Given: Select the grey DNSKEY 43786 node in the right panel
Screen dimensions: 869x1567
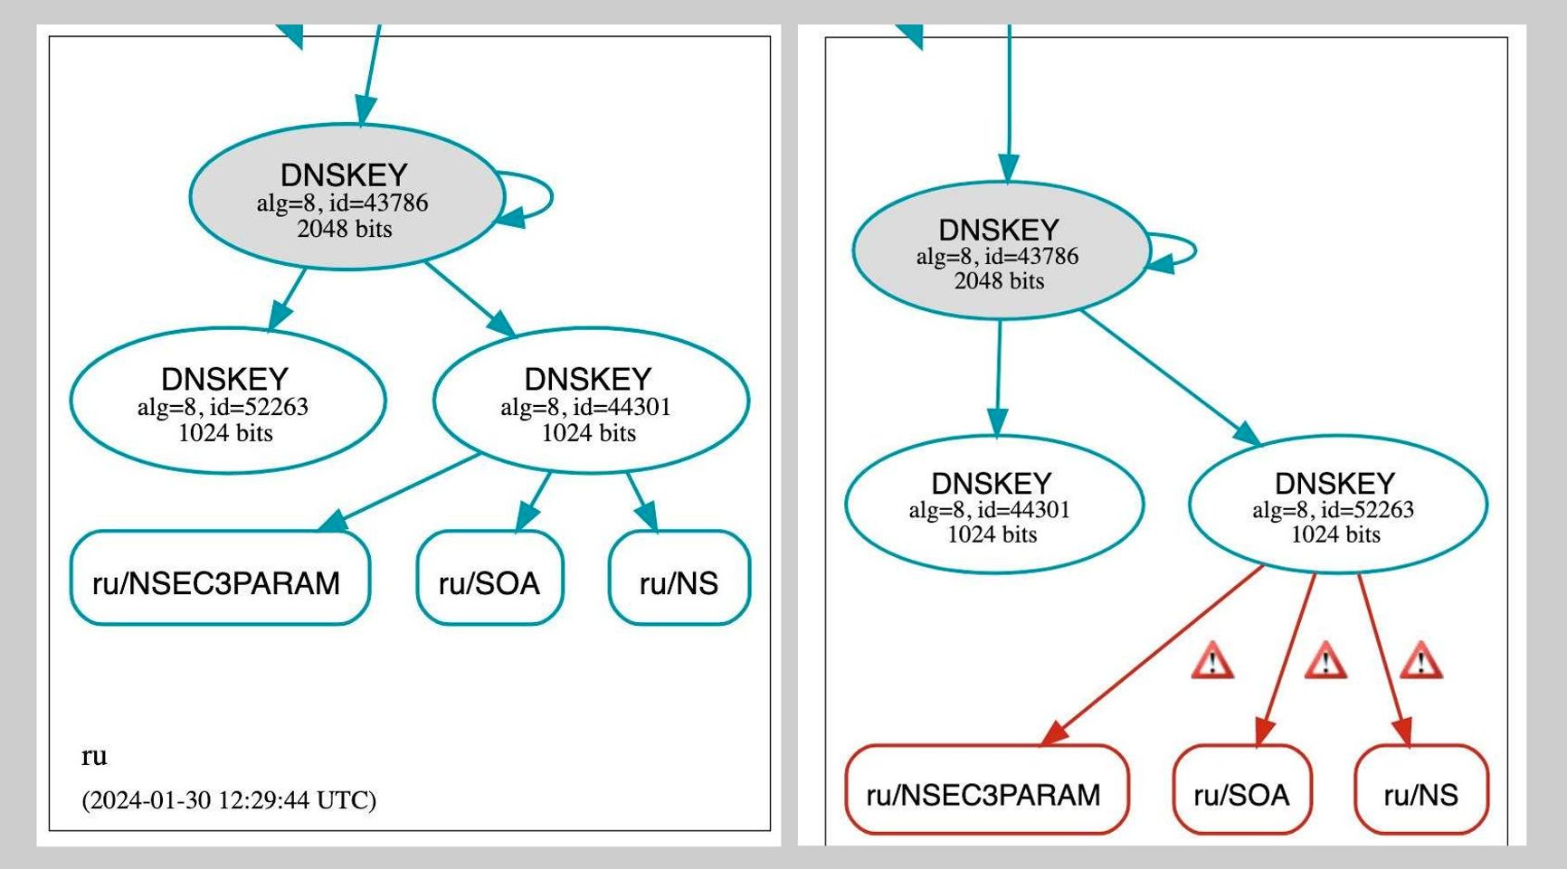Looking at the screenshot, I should point(1000,251).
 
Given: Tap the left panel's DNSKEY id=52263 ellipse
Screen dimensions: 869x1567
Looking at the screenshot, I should point(227,401).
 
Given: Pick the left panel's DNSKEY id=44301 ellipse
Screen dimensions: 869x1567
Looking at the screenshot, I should point(591,401).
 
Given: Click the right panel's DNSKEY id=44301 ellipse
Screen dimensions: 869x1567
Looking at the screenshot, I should point(993,505).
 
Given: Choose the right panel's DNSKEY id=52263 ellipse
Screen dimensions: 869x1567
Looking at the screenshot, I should point(1337,505).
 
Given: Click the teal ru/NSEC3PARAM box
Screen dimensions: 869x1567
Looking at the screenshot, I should point(220,579).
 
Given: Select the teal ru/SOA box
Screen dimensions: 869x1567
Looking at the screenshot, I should point(489,579).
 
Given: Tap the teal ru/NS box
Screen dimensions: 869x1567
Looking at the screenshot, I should point(679,579).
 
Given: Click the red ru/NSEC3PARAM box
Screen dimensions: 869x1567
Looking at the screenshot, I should point(986,789).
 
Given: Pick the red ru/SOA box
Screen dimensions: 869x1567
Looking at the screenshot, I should point(1241,789).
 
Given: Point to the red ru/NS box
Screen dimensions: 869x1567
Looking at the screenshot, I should point(1420,789).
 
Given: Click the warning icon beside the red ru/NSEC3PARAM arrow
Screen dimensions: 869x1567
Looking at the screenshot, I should point(1212,661).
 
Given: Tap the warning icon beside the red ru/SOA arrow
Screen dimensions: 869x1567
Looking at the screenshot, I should point(1325,661).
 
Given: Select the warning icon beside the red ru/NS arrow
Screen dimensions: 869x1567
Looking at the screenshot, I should point(1420,661).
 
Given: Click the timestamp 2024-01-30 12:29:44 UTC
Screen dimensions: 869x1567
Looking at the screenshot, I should point(229,800).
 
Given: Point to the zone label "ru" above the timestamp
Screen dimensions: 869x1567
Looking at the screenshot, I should point(94,756).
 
